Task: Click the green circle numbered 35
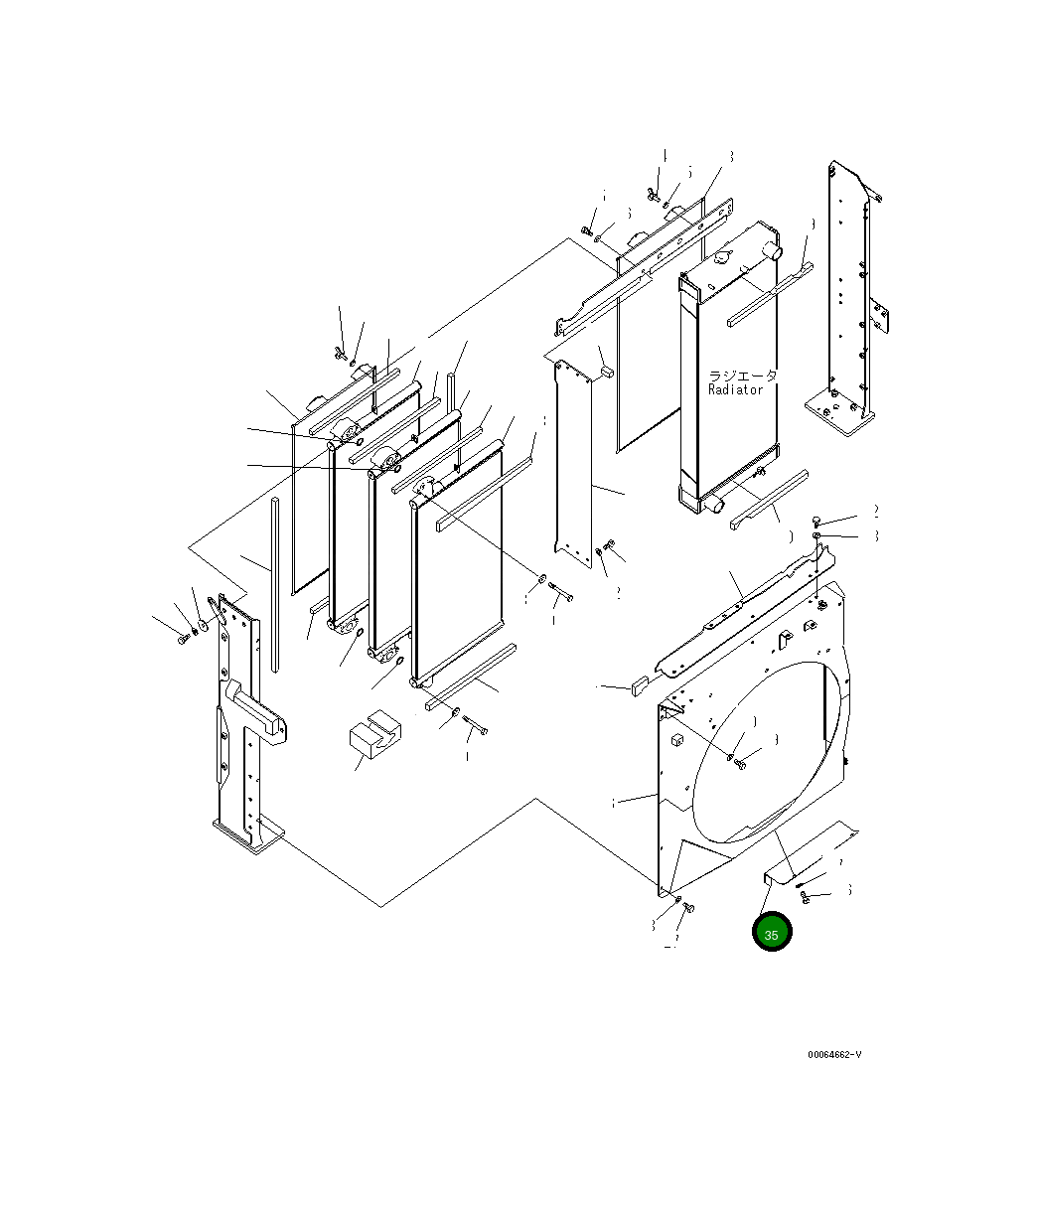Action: click(772, 933)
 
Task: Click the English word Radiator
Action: click(736, 390)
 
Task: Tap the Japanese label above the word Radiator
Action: click(742, 377)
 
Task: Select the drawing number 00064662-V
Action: click(834, 1055)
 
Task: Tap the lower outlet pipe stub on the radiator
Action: click(714, 506)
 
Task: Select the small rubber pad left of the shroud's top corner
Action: click(639, 683)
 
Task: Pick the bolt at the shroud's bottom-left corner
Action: click(689, 907)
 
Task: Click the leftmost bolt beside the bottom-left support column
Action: click(182, 638)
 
